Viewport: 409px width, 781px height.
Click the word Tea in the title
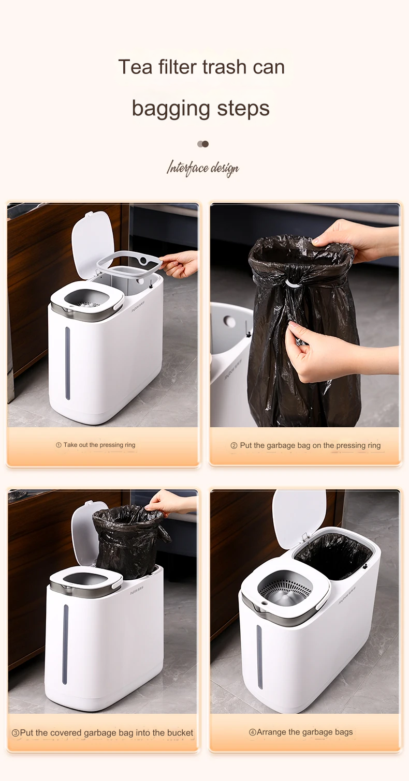coord(136,67)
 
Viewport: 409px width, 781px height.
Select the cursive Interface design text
coord(203,169)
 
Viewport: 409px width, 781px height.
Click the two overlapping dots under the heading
coord(203,144)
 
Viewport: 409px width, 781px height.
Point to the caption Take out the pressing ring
coord(99,445)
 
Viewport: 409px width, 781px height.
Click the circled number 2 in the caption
coord(234,446)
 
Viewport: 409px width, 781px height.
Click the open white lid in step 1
coord(92,244)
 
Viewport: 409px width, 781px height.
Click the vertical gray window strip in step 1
coord(67,363)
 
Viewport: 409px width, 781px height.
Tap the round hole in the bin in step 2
coord(229,321)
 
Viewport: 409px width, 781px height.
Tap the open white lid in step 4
coord(299,516)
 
